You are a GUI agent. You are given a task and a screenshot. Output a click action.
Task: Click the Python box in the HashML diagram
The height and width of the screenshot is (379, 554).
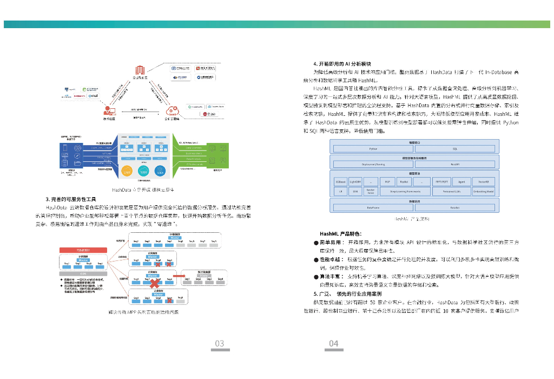coord(373,148)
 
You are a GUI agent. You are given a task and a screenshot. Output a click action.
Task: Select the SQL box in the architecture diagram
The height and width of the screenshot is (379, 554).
coord(454,148)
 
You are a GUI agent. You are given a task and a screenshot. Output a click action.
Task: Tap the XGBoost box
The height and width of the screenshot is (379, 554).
coord(340,181)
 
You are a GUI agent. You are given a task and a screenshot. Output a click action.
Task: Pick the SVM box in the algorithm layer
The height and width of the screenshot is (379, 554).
coord(355,191)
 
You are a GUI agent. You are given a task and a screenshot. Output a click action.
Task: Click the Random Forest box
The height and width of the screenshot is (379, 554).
coord(371,191)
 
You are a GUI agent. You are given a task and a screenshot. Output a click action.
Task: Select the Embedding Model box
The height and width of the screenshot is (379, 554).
coord(483,191)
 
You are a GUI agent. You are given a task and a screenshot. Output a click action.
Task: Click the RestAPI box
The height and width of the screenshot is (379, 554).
coord(454,164)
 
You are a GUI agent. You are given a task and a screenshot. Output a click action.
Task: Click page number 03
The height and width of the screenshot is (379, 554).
coord(220,343)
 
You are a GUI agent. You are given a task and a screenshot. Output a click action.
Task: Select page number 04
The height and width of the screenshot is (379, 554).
coord(333,343)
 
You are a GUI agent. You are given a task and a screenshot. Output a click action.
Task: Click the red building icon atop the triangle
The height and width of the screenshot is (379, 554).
coord(140,70)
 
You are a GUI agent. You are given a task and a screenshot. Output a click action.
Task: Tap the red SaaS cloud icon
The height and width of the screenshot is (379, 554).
coord(174,112)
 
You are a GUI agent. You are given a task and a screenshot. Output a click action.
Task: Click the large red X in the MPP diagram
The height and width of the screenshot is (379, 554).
coord(154,283)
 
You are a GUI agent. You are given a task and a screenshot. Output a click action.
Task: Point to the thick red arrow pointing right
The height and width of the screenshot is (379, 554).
coord(177,276)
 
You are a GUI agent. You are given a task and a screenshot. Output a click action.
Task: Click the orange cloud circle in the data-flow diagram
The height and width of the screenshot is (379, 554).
coord(127,170)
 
